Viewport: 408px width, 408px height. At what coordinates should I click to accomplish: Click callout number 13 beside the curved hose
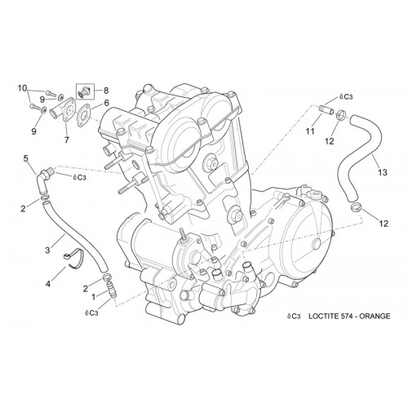click(383, 172)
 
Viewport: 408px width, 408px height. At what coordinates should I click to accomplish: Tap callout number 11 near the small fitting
click(310, 131)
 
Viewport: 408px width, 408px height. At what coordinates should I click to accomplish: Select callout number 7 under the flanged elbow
click(67, 140)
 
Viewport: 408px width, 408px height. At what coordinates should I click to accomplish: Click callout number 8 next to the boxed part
click(106, 91)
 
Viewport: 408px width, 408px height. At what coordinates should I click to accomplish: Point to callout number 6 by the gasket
click(106, 103)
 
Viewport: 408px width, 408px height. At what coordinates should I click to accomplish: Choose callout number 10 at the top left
click(23, 88)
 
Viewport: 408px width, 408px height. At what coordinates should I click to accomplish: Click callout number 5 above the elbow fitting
click(25, 158)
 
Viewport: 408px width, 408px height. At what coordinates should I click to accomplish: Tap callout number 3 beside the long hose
click(47, 250)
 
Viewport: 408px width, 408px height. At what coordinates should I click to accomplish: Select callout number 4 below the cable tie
click(48, 284)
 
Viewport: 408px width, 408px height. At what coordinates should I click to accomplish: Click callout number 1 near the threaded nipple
click(94, 297)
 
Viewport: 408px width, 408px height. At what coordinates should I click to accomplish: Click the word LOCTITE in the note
click(323, 316)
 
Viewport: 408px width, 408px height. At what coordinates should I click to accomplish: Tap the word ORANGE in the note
click(375, 316)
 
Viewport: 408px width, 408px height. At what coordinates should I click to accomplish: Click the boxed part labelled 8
click(85, 91)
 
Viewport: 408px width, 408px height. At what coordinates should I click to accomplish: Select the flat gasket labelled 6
click(83, 115)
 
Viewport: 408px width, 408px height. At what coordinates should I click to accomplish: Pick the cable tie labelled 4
click(73, 259)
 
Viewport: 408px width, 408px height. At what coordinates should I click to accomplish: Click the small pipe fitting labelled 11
click(326, 111)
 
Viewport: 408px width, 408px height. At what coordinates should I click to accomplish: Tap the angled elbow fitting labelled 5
click(43, 180)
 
